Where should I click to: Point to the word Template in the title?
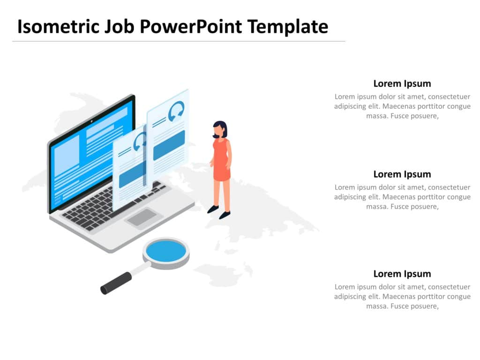tap(288, 27)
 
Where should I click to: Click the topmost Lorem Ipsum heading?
tap(402, 84)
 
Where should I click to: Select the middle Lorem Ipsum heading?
tap(402, 174)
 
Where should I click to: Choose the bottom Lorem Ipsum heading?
tap(402, 274)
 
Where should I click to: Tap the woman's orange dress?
tap(221, 162)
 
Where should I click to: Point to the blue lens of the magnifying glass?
tap(166, 251)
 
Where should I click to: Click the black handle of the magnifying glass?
tap(116, 283)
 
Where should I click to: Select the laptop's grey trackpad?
tap(142, 217)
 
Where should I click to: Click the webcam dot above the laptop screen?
tap(91, 120)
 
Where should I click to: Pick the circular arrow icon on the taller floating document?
tap(176, 112)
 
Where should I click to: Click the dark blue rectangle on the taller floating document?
tap(169, 145)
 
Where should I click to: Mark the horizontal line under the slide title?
tap(178, 41)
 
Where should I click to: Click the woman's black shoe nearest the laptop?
tap(213, 209)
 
